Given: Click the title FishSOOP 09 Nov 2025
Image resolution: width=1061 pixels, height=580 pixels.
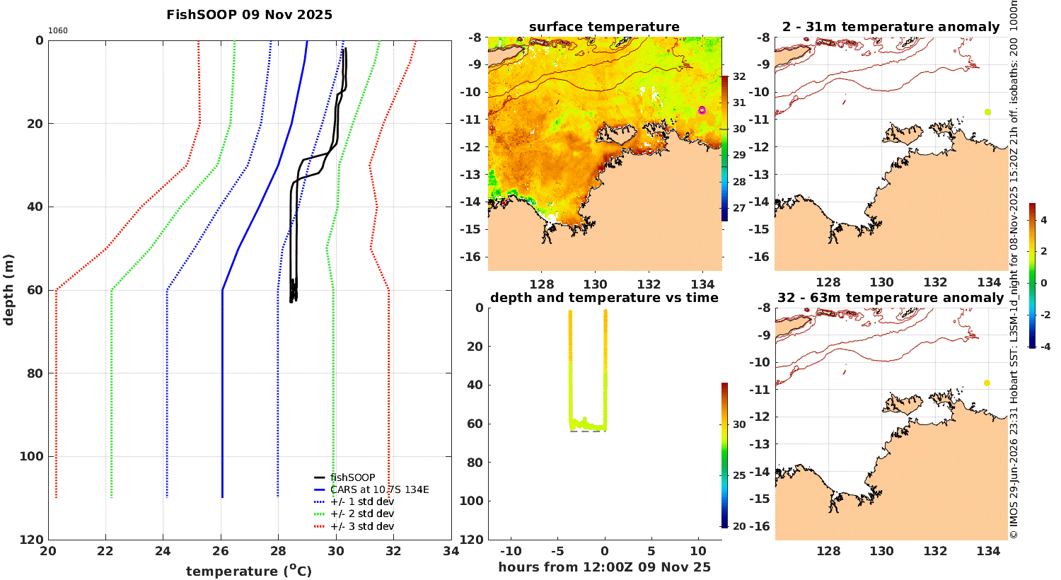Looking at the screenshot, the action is (x=249, y=15).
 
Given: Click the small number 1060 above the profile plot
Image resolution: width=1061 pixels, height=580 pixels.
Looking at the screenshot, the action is (x=58, y=31).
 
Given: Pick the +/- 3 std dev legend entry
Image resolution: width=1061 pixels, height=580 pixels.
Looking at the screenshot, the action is (x=354, y=526).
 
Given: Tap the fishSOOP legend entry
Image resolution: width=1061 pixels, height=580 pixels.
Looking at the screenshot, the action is (x=345, y=477).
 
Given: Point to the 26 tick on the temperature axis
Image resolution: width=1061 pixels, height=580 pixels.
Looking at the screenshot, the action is (x=221, y=551).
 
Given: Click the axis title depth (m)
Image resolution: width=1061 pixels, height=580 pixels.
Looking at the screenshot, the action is (x=8, y=290).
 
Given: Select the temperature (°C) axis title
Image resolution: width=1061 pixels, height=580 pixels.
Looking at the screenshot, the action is (x=249, y=571).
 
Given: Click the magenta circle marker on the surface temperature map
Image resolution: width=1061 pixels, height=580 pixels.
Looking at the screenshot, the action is (x=702, y=110).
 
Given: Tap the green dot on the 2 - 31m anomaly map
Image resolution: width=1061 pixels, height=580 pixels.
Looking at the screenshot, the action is (x=987, y=112).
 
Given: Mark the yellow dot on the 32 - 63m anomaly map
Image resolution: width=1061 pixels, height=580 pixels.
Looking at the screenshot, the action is (x=987, y=383).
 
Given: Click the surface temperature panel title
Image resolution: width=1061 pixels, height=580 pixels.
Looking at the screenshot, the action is (x=604, y=27).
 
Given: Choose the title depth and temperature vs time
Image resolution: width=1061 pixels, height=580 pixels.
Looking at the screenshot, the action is (x=604, y=298).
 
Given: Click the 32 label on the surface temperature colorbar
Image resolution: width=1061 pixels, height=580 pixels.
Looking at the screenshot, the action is (x=739, y=76).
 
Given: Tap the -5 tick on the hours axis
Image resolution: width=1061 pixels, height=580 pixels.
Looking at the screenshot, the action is (x=557, y=551).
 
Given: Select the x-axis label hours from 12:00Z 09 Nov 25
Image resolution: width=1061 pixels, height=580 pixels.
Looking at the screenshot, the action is (x=604, y=567).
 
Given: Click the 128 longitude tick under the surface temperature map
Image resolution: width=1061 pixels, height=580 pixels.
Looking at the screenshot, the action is (x=541, y=284).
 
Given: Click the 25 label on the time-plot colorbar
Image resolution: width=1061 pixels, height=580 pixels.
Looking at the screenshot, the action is (x=739, y=475).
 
